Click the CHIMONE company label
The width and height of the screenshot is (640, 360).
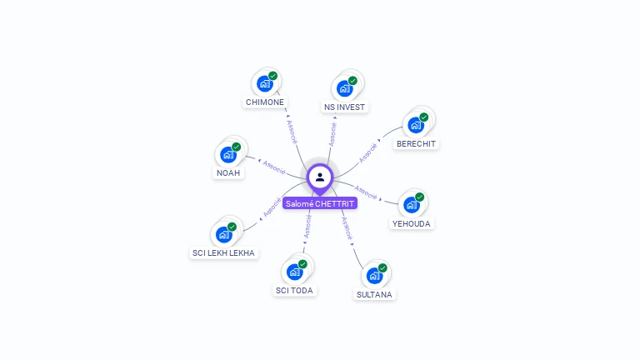pyautogui.click(x=265, y=102)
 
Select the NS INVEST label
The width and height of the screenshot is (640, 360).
pyautogui.click(x=345, y=107)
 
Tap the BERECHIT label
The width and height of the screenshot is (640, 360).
pyautogui.click(x=416, y=144)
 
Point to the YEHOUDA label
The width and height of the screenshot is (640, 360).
pyautogui.click(x=412, y=223)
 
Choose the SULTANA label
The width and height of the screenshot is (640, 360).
pyautogui.click(x=374, y=294)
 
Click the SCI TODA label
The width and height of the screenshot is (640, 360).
pyautogui.click(x=294, y=291)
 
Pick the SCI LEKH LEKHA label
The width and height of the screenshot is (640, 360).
pyautogui.click(x=223, y=252)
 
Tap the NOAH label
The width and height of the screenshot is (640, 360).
pyautogui.click(x=228, y=173)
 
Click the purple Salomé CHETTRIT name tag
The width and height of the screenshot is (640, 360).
pyautogui.click(x=320, y=203)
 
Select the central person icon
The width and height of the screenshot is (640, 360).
pyautogui.click(x=320, y=177)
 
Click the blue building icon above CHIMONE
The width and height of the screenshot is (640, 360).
pyautogui.click(x=264, y=83)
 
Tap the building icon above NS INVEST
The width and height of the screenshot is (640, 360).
pyautogui.click(x=344, y=87)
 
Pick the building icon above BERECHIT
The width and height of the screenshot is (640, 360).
pyautogui.click(x=415, y=125)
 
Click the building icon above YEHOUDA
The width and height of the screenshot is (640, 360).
pyautogui.click(x=411, y=204)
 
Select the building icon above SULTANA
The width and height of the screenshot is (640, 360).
pyautogui.click(x=374, y=275)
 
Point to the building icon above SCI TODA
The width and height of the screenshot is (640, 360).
pyautogui.click(x=294, y=271)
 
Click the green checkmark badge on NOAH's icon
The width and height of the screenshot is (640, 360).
pyautogui.click(x=237, y=147)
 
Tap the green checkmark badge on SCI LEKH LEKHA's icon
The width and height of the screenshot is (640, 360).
pyautogui.click(x=232, y=227)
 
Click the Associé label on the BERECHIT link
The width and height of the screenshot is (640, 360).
pyautogui.click(x=368, y=152)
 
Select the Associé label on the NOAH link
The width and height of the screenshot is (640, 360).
pyautogui.click(x=274, y=165)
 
